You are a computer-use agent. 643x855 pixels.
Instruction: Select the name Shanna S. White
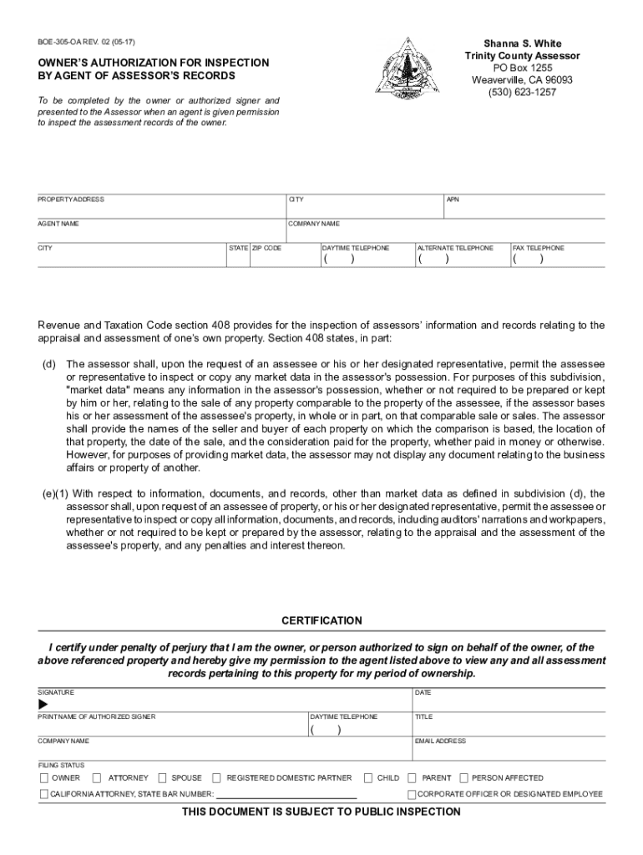[523, 43]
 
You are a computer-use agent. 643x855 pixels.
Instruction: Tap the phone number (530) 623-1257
[522, 92]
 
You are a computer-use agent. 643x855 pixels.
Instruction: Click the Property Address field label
[71, 200]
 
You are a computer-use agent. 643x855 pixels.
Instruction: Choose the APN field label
[453, 200]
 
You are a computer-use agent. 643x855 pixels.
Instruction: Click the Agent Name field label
[58, 224]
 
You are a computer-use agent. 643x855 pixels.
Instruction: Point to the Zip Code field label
[267, 248]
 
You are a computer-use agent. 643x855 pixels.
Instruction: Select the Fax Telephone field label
[538, 248]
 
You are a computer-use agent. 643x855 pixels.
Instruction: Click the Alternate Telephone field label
[455, 248]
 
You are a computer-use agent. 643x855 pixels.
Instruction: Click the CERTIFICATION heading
[321, 620]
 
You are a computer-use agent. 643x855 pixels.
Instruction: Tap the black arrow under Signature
[43, 705]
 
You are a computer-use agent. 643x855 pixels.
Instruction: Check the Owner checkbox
[44, 777]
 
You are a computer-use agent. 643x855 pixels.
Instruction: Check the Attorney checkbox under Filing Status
[99, 777]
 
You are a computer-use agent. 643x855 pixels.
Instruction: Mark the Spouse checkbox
[163, 777]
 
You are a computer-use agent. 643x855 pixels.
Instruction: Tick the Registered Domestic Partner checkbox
[217, 777]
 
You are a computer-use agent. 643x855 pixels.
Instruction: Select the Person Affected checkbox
[464, 777]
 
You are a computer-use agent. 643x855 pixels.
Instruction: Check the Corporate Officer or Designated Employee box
[412, 794]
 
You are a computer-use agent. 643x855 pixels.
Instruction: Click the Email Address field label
[440, 741]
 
